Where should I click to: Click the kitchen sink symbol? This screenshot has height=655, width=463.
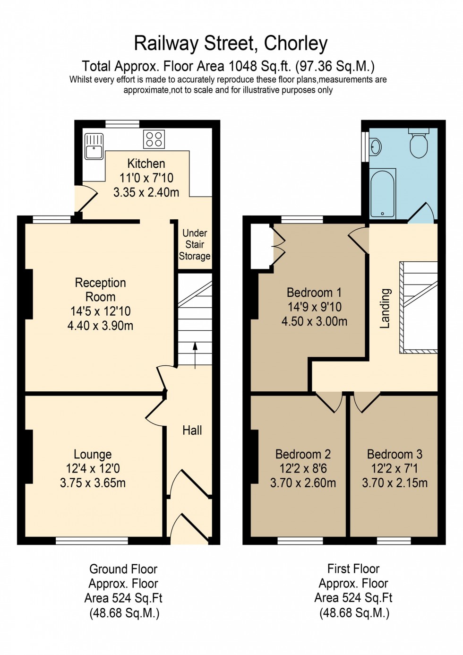click(94, 146)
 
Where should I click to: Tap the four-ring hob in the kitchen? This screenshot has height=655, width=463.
click(154, 139)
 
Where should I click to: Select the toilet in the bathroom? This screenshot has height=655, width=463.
click(419, 144)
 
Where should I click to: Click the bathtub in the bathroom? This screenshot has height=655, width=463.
click(382, 194)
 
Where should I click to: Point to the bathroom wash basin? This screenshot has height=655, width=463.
click(375, 147)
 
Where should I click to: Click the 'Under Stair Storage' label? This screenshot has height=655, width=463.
click(195, 245)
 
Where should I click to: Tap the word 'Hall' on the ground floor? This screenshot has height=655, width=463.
click(192, 430)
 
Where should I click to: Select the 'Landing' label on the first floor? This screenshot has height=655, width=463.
click(385, 308)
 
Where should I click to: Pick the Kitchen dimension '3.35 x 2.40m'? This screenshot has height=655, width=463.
click(146, 192)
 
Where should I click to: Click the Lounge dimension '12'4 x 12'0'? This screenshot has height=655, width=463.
click(93, 468)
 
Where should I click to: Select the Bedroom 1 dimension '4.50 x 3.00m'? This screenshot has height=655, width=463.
click(314, 321)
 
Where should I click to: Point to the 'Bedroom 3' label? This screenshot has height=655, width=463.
click(394, 454)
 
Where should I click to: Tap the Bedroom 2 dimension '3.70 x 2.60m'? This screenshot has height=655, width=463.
click(303, 483)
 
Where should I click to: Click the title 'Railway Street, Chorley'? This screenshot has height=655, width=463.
click(231, 43)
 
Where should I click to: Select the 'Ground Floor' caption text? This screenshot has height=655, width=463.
click(123, 569)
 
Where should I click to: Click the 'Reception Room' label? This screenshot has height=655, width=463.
click(100, 290)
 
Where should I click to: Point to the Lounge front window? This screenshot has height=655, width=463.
click(92, 541)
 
